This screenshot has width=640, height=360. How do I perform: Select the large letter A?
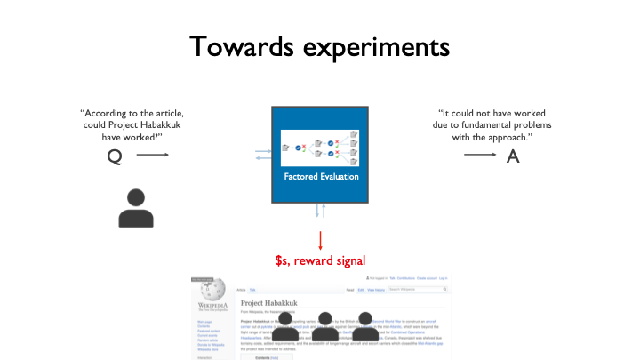pos(512,156)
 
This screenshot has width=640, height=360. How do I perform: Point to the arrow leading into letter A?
pos(481,156)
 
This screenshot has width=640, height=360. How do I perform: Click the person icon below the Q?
pos(136,207)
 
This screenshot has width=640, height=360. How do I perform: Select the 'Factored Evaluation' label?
pos(321,176)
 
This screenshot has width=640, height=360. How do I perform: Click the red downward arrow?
pos(320,240)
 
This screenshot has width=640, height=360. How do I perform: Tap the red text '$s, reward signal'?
pos(320,260)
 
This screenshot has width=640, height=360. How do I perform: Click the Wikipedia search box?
pos(424,289)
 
